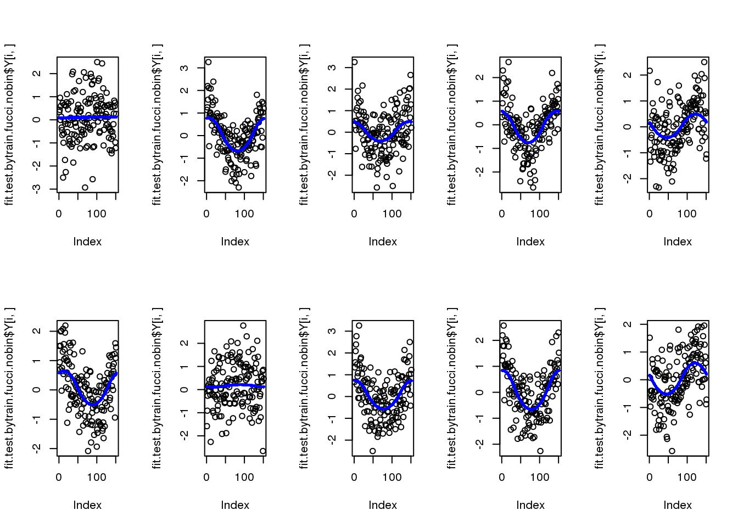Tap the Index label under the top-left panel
pos(87,242)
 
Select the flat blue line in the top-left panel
pos(88,117)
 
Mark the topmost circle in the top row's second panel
pos(208,62)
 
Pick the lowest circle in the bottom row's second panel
pos(263,451)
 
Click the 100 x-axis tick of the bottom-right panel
pos(687,478)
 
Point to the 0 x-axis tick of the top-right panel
pos(650,214)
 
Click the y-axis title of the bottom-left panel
pos(9,388)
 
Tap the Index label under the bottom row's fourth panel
pos(530,505)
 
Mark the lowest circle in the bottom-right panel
pos(672,451)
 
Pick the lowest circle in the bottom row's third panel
pos(372,451)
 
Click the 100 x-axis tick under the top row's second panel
pos(244,214)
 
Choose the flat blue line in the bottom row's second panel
pos(235,386)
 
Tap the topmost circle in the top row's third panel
pos(355,62)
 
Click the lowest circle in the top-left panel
pos(85,188)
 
